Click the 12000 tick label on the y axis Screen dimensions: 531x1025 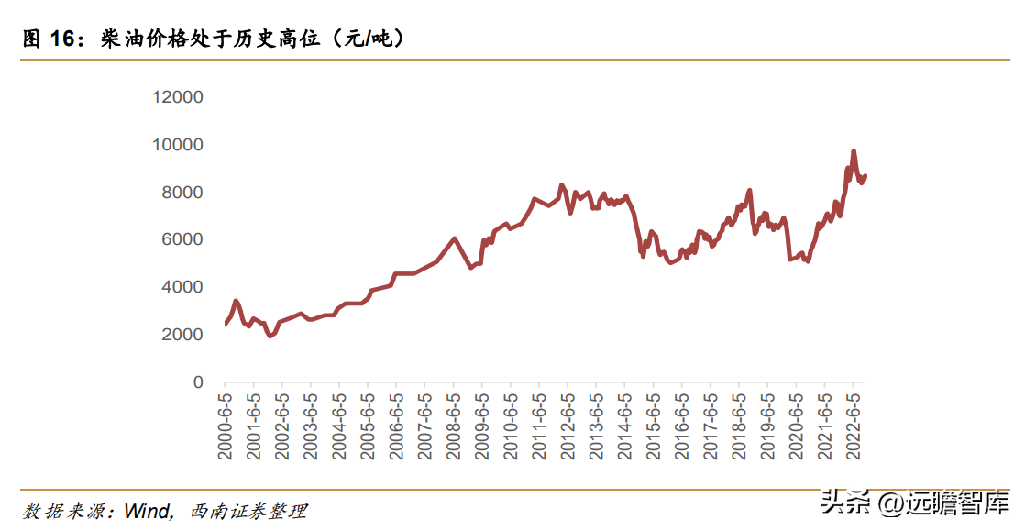pos(179,97)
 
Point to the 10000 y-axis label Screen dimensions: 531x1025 pos(179,145)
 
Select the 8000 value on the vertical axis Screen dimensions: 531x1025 pos(183,193)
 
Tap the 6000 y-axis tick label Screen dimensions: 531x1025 pos(183,239)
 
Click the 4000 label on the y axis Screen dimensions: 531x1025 pos(183,287)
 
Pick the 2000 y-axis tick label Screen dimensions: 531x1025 pos(183,335)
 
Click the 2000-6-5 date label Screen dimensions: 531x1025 pos(225,427)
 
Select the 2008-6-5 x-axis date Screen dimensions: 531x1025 pos(453,427)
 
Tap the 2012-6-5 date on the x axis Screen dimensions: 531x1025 pos(568,427)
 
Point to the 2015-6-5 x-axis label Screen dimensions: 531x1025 pos(653,427)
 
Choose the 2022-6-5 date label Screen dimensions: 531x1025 pos(853,427)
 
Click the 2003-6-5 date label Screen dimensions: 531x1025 pos(310,427)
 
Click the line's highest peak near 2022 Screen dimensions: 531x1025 pos(854,151)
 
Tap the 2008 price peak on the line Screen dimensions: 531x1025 pos(455,238)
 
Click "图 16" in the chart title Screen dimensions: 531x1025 pos(51,39)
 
